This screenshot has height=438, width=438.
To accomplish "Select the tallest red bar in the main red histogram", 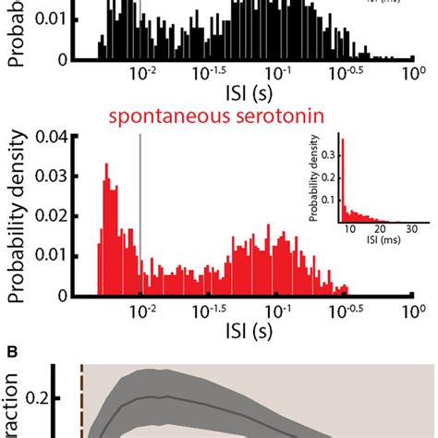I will [x=105, y=231].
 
